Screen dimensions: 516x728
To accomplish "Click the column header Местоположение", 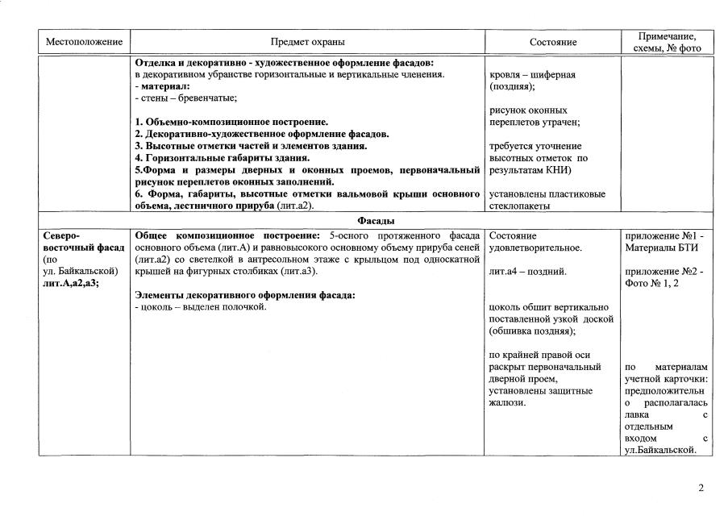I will (x=84, y=42).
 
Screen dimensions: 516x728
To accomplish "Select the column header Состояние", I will (x=553, y=42).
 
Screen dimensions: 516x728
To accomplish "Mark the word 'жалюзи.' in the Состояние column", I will (x=508, y=402).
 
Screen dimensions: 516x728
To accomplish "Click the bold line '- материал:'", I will (x=162, y=86).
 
